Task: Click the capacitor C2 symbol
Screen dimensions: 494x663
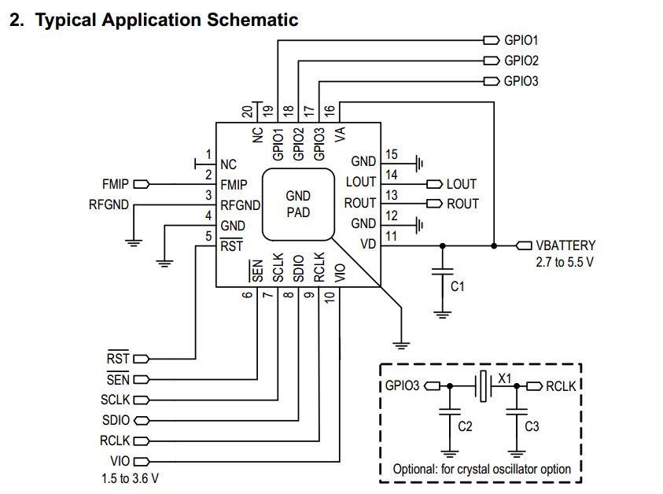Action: click(x=450, y=411)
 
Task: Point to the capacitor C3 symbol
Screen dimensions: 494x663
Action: click(x=516, y=411)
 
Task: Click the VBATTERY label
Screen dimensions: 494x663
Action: click(x=565, y=245)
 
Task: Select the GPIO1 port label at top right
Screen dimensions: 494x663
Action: click(x=521, y=39)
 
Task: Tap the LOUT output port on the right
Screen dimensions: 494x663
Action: click(x=461, y=184)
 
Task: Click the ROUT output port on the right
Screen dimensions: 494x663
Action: click(x=462, y=204)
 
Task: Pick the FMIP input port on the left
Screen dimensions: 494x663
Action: click(x=115, y=185)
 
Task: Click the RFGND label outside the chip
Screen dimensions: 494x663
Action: click(x=109, y=205)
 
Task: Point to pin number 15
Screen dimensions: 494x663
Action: click(x=391, y=155)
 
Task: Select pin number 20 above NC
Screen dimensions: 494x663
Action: click(x=247, y=111)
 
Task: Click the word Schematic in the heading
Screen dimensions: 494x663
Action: click(x=252, y=20)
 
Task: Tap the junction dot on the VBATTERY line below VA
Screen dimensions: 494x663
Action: click(x=494, y=245)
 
